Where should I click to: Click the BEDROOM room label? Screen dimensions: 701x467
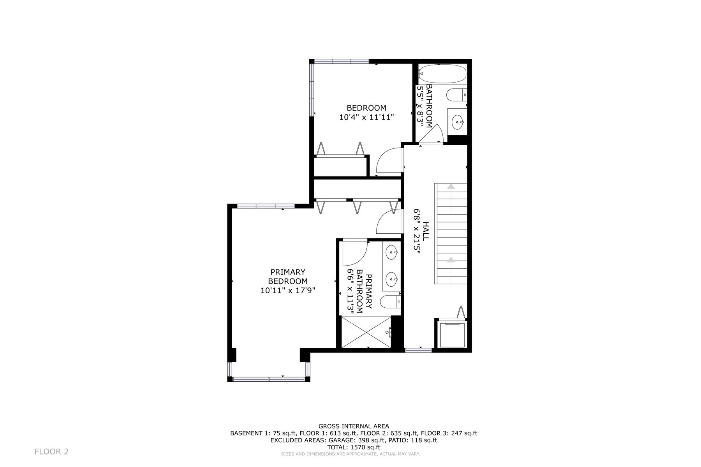(366, 108)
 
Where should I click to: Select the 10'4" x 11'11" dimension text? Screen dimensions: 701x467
(366, 117)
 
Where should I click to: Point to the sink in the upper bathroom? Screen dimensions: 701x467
(457, 123)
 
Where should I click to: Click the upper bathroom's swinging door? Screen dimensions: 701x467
(433, 134)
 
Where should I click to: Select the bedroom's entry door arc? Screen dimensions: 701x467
(389, 160)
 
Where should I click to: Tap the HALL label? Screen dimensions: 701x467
(426, 231)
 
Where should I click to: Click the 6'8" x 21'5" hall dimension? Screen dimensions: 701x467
(417, 231)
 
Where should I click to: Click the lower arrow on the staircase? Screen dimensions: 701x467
(451, 270)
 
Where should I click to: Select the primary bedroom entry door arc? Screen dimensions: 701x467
(388, 221)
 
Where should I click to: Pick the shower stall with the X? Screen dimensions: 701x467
(366, 331)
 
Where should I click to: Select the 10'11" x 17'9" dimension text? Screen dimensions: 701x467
(288, 290)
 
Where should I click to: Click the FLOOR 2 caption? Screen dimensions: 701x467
(52, 452)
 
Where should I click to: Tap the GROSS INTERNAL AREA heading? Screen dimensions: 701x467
(354, 426)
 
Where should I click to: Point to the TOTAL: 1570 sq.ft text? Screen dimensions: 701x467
(354, 447)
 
